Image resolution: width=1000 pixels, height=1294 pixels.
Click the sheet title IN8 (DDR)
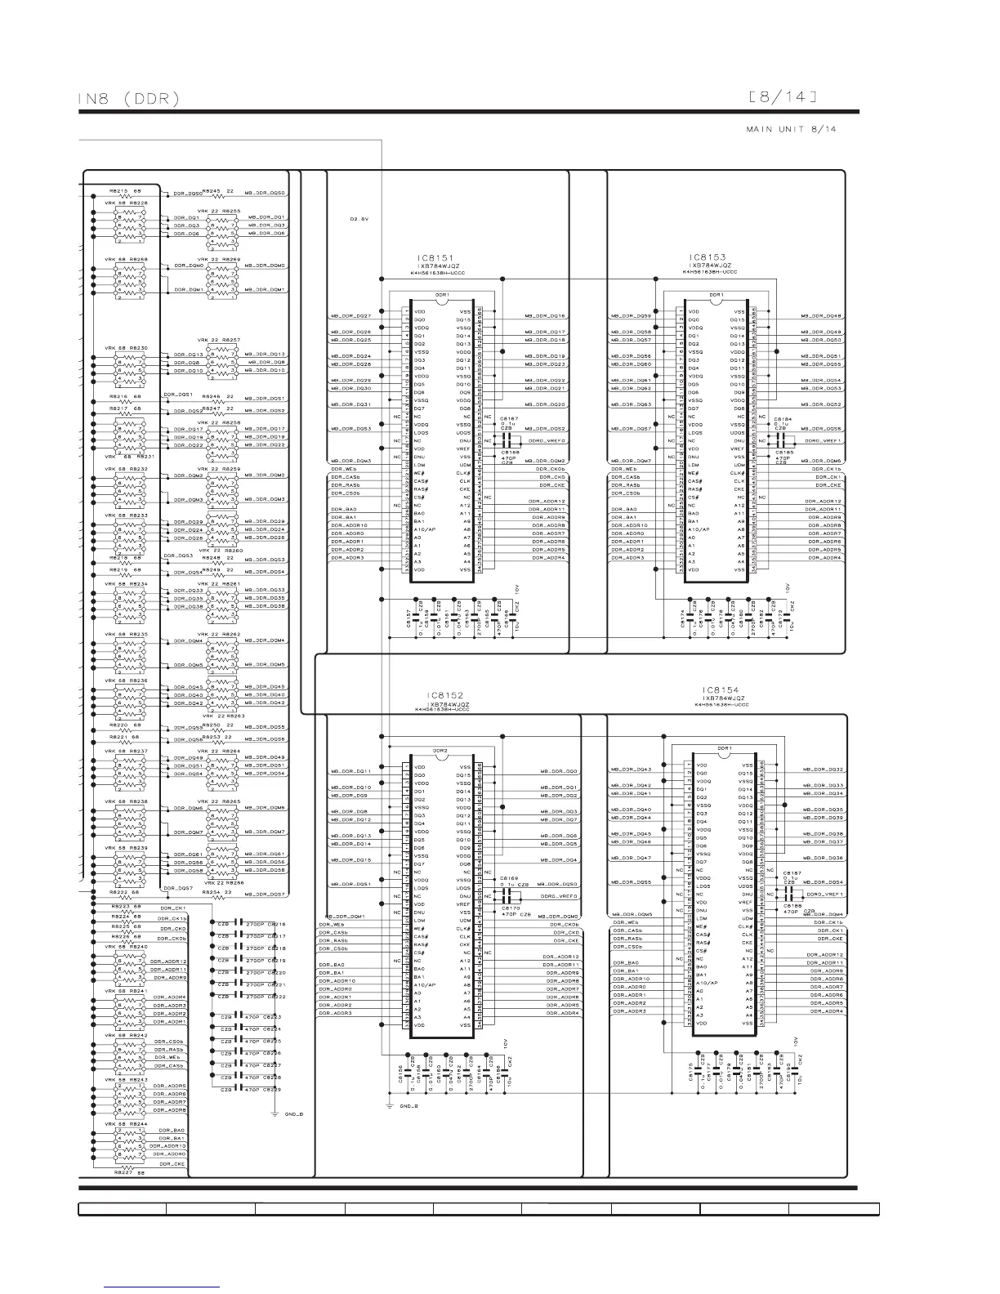(x=129, y=99)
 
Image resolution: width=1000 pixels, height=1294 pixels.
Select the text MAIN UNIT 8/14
(x=790, y=129)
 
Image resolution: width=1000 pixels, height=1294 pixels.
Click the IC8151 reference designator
(x=434, y=258)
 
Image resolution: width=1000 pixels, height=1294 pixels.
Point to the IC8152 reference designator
(x=445, y=695)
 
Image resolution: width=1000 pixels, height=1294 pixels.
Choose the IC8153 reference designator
(x=707, y=257)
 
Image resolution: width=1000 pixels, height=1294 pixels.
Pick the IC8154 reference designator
(x=720, y=690)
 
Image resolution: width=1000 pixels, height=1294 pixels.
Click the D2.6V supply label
(x=359, y=218)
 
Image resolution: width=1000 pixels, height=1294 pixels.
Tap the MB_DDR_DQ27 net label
(x=351, y=316)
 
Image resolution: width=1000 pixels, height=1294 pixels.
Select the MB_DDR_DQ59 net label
(x=632, y=316)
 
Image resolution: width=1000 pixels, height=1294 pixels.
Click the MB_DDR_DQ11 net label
(x=351, y=771)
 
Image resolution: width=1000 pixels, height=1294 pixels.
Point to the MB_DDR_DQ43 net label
(x=632, y=770)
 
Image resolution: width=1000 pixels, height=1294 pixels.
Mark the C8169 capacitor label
(x=510, y=878)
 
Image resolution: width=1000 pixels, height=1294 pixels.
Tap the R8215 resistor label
(x=118, y=191)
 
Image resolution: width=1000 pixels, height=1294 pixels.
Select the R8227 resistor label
(x=123, y=1173)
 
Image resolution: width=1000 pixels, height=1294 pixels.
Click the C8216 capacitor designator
(x=277, y=924)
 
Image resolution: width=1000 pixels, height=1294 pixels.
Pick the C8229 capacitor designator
(x=273, y=1090)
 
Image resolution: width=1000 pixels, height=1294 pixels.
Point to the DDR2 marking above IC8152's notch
(x=440, y=750)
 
